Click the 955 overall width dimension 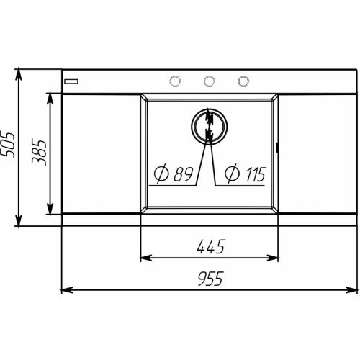210,279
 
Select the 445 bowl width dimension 211,246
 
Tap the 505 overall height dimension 8,145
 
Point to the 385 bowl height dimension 39,153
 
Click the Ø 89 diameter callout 174,174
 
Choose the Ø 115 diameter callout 245,174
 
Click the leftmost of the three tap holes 175,81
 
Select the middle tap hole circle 209,81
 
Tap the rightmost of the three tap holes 243,81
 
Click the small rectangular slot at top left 71,81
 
